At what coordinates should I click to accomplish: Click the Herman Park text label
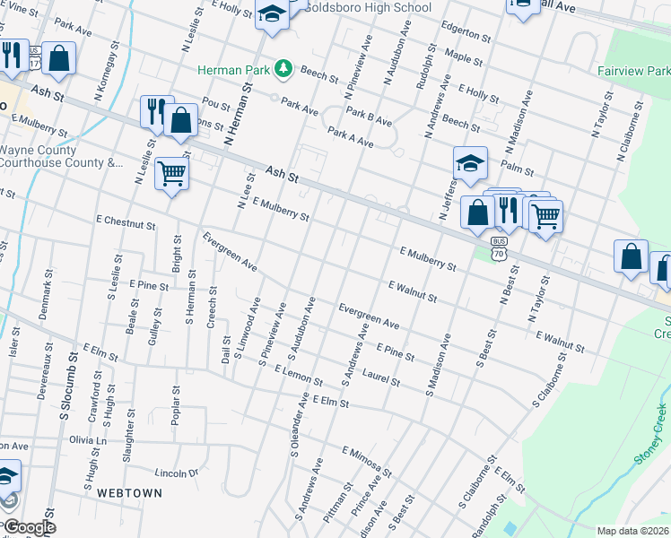tap(233, 68)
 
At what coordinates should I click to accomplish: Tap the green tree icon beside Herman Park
tap(283, 68)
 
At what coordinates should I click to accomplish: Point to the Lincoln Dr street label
tap(176, 473)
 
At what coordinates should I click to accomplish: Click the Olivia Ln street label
tap(88, 440)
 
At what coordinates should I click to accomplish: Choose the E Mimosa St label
tap(367, 459)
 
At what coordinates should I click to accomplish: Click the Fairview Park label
tap(632, 69)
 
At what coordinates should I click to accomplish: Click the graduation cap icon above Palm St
tap(469, 162)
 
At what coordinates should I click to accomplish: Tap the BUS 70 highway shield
tap(499, 248)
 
